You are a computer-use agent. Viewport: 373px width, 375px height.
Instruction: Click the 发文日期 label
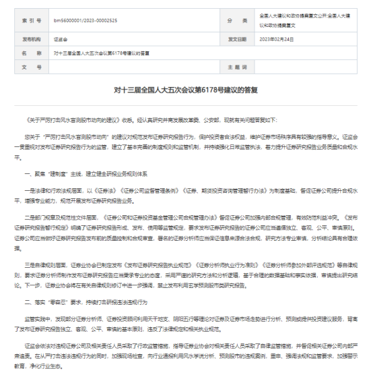pos(237,39)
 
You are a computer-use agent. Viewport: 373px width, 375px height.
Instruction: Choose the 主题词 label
pos(237,67)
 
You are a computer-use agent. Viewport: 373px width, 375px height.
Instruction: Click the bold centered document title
pos(186,88)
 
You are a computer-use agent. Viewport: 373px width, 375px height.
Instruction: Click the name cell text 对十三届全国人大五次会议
pos(102,53)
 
